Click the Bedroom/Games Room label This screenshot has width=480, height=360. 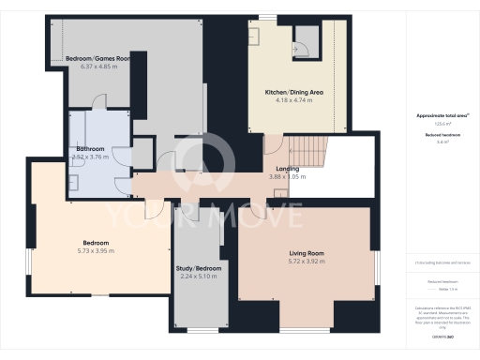[97, 58]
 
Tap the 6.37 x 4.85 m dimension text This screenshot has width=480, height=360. [97, 67]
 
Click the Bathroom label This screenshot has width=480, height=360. [90, 148]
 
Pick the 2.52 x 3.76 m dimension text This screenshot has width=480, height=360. [90, 157]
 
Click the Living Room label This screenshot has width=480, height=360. [306, 253]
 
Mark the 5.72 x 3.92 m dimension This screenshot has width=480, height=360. [306, 262]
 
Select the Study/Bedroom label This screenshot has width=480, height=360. [199, 268]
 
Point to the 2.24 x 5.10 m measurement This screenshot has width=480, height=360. [199, 277]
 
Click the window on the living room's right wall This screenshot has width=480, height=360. [375, 266]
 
